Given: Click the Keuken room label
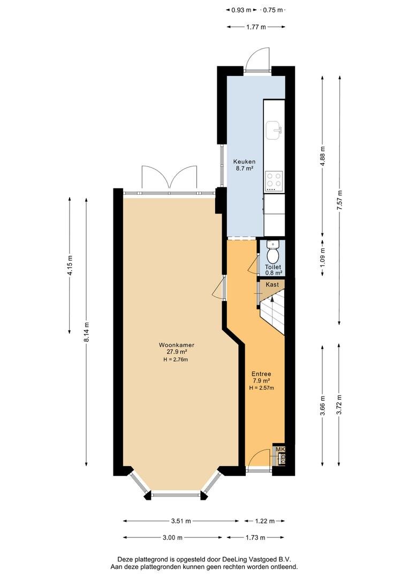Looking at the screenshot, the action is coord(244,162).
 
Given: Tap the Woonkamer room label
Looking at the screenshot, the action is coord(176,345).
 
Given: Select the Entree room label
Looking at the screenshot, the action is coord(261,374).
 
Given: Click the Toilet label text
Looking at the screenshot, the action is coord(273,267).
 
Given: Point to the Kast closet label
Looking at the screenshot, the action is coord(272,285).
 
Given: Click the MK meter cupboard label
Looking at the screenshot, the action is coord(281,450).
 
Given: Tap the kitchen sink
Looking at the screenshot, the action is coord(274,131).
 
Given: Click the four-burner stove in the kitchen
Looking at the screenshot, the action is coord(274,181).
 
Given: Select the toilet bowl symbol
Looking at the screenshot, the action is coord(273,253).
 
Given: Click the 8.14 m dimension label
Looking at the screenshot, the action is coord(87,332).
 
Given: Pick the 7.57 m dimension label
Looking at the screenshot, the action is coord(339,200).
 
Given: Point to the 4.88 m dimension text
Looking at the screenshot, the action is coord(323,157).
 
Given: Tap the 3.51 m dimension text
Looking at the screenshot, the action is coord(181,521).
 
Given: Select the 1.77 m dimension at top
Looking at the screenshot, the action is coord(256,27).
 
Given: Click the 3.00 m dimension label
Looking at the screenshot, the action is coord(172,537).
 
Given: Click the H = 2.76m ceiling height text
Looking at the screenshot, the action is coord(176,360).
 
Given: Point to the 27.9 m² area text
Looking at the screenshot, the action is coord(177,352).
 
